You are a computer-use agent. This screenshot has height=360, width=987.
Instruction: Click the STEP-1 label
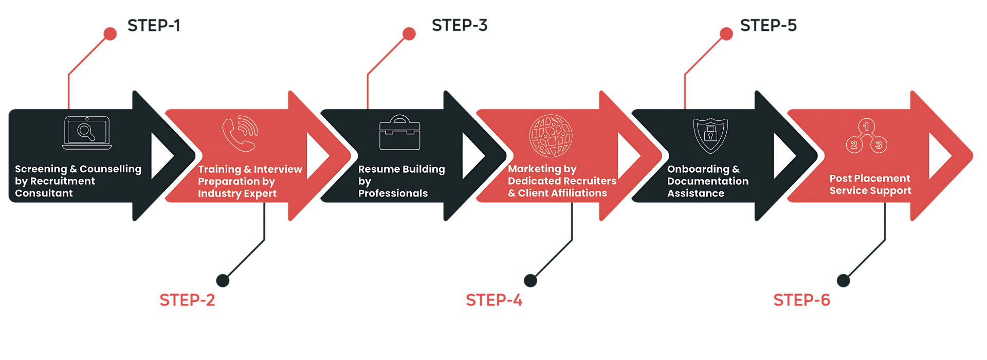[x=154, y=25]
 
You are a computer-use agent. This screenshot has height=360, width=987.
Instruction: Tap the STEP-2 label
[x=187, y=300]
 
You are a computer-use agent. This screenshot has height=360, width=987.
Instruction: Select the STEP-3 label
[x=460, y=25]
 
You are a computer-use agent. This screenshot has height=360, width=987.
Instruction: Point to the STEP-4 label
[x=494, y=300]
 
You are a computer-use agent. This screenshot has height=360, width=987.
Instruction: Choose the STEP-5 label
[x=768, y=25]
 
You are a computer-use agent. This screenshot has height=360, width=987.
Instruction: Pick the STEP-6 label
[x=802, y=300]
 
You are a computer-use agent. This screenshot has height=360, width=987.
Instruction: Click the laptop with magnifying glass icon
[x=87, y=133]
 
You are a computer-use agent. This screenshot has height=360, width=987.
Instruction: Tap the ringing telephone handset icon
[x=240, y=134]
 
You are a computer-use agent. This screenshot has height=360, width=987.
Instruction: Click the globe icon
[x=551, y=135]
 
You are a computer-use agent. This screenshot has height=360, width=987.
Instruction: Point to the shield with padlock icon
[x=710, y=135]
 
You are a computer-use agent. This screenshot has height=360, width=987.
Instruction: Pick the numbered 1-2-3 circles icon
[x=866, y=136]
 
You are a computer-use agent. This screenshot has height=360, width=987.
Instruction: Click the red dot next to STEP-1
[x=110, y=34]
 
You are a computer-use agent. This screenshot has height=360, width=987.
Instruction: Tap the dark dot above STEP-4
[x=530, y=280]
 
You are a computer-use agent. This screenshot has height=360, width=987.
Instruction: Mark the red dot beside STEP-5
[x=726, y=34]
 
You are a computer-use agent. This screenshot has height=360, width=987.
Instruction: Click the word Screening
[x=41, y=169]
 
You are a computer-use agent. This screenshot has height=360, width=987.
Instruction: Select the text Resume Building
[x=401, y=169]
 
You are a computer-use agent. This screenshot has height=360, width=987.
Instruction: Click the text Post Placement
[x=870, y=178]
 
